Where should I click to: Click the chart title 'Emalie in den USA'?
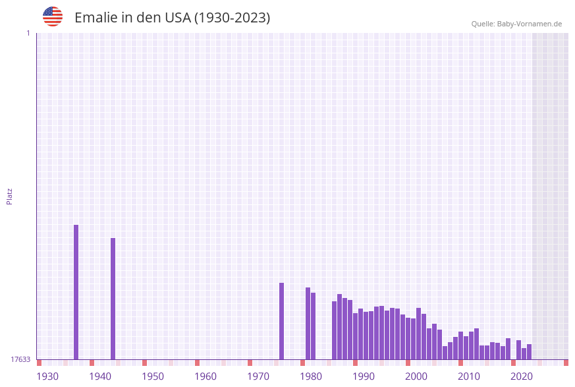coord(172,18)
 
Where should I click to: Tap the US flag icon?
coord(53,16)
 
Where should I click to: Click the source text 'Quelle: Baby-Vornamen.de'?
coord(516,24)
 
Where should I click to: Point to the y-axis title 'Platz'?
coord(10,196)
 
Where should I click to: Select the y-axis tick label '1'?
coord(28,33)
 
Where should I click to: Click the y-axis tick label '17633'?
coord(20,359)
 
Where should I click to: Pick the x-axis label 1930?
coord(47,376)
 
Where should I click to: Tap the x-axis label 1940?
coord(100,376)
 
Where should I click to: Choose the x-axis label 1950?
coord(153,376)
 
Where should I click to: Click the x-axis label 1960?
coord(205,376)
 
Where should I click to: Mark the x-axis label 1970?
coord(258,376)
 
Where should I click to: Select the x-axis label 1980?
coord(311,376)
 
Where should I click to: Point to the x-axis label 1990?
coord(364,376)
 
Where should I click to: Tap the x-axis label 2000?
coord(416,376)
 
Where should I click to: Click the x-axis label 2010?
coord(469,376)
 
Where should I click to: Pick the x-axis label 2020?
coord(522,376)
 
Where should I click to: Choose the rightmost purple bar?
coord(529,352)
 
